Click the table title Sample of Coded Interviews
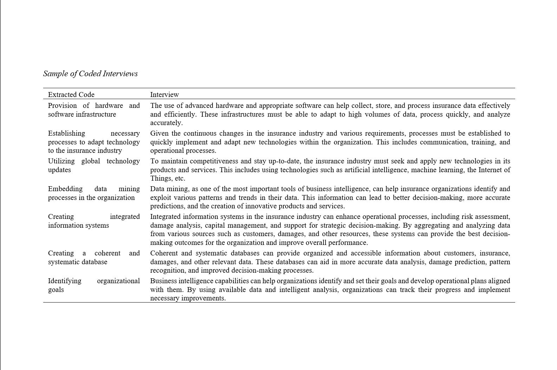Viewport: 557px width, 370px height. tap(90, 73)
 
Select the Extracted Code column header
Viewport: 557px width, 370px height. tap(71, 95)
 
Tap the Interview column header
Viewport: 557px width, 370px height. tap(164, 95)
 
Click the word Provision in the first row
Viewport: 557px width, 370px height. tap(62, 105)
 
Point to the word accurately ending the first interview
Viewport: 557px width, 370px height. tap(166, 123)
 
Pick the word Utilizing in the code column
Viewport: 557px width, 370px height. tap(61, 161)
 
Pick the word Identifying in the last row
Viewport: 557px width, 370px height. tap(65, 281)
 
